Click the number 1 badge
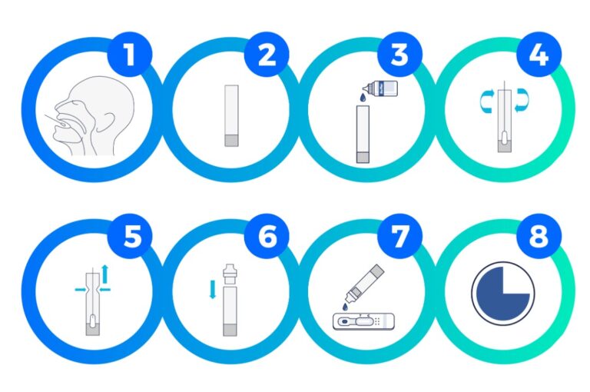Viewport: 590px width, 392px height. [130, 55]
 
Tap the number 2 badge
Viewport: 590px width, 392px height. [267, 55]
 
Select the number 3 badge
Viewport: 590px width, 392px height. [399, 55]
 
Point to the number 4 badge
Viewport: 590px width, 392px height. [539, 55]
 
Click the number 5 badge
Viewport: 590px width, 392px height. [130, 236]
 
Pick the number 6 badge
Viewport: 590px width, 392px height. [267, 236]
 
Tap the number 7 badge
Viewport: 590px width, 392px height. [399, 236]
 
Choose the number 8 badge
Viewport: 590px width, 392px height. [539, 236]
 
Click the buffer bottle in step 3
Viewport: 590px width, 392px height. [380, 89]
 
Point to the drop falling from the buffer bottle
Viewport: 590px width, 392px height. [363, 98]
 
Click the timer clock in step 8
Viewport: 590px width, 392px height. [502, 294]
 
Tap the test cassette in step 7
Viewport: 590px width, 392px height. [363, 321]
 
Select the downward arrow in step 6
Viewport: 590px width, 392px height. [213, 289]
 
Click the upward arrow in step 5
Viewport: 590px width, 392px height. [105, 274]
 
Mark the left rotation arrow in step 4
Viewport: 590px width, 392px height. [486, 101]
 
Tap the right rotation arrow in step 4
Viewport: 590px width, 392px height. [522, 101]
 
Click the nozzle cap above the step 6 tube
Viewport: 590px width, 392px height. [230, 275]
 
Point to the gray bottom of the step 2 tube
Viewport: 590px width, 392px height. [231, 141]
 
